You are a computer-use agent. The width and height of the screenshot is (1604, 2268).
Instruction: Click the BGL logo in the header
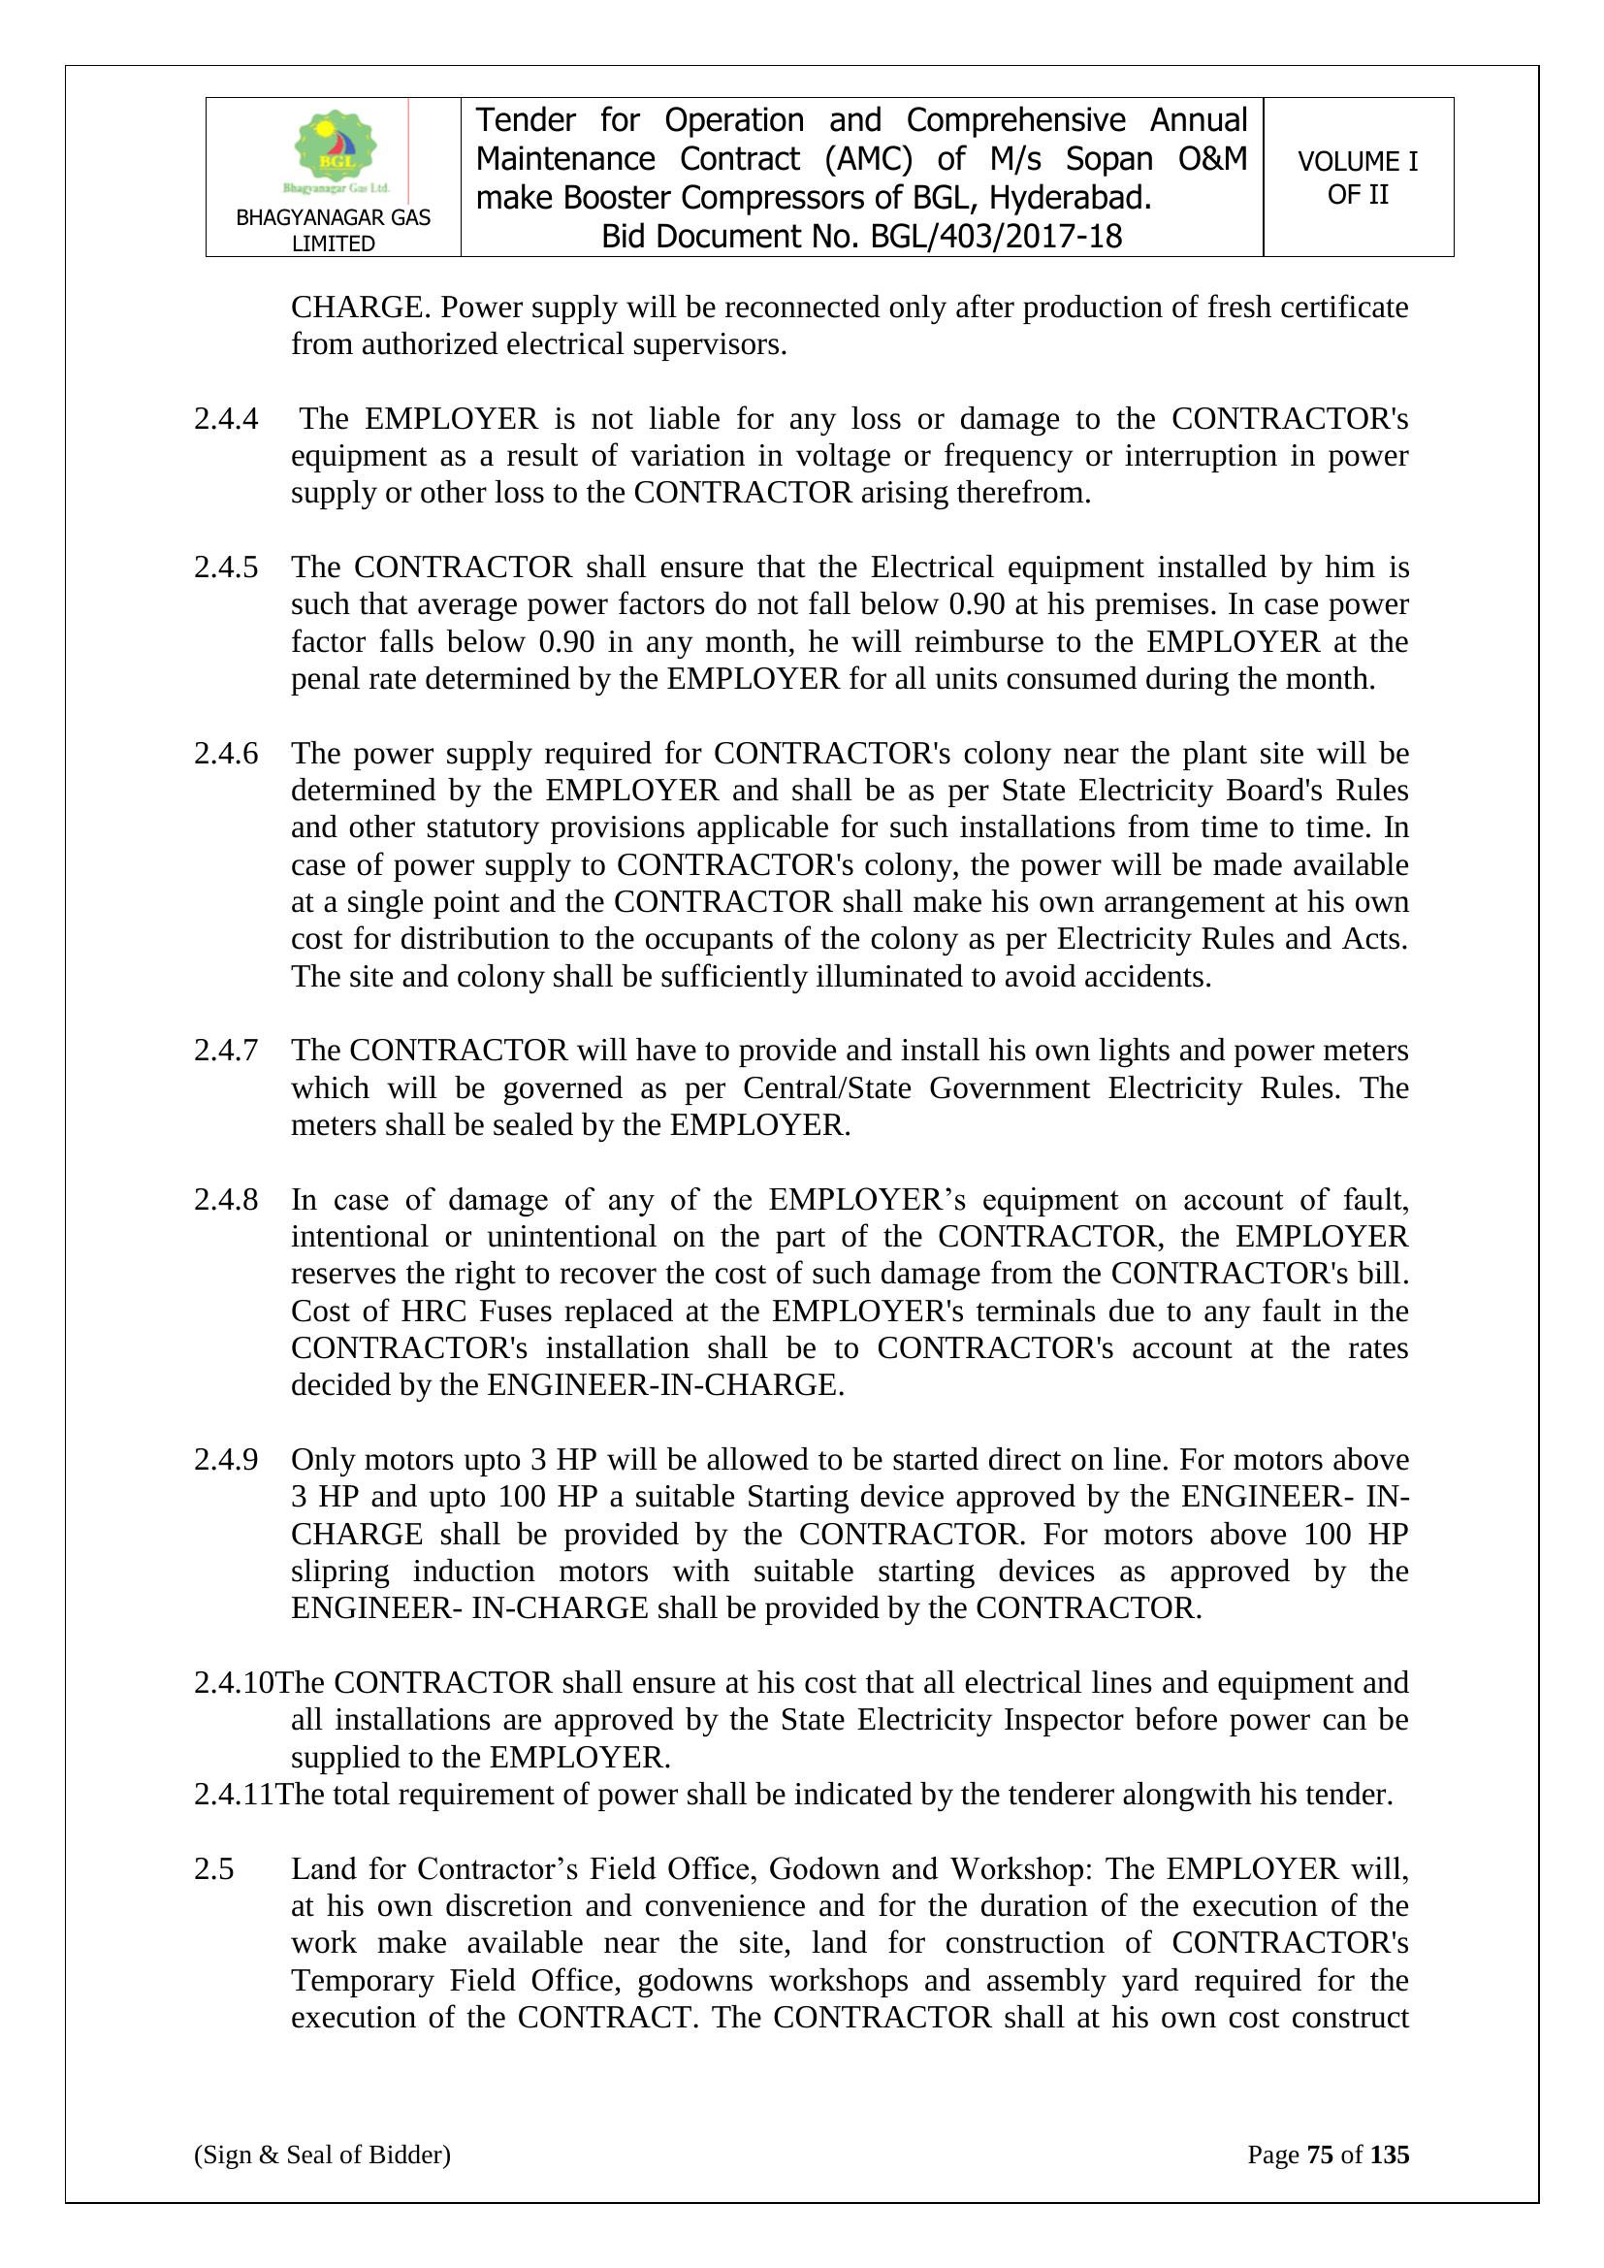[336, 152]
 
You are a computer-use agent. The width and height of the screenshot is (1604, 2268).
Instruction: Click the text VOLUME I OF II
[1357, 178]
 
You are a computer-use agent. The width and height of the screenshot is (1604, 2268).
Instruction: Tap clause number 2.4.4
[226, 419]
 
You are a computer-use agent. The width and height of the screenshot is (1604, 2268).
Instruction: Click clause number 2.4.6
[226, 753]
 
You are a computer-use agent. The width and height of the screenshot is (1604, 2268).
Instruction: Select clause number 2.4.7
[226, 1050]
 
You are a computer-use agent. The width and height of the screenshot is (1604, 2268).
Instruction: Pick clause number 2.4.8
[226, 1199]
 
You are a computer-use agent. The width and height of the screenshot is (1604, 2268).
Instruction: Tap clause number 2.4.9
[226, 1459]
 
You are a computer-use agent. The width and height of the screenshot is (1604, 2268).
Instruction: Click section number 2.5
[213, 1869]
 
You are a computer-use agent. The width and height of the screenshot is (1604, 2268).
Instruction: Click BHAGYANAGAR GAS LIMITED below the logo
[333, 230]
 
